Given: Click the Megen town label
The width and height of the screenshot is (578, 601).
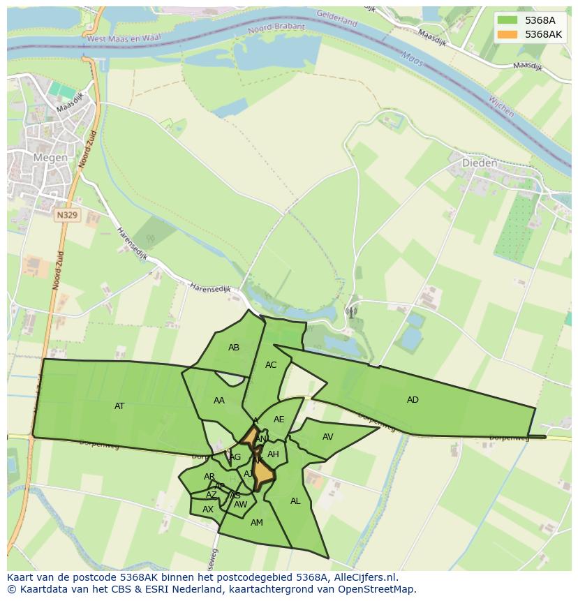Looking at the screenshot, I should coord(50,158).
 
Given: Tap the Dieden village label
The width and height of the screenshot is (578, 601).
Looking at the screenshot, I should coord(480,163).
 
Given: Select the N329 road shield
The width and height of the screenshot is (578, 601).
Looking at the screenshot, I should coord(67,215).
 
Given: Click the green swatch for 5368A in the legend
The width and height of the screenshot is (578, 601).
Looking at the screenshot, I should coord(508,20).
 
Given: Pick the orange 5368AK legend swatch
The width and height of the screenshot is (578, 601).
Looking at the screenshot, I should coord(508,34).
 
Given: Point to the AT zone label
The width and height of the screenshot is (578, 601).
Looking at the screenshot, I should coord(119,406).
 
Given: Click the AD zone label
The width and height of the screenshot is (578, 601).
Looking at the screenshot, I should coord(413,400).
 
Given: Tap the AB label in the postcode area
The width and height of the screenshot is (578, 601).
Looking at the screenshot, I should coord(234,348).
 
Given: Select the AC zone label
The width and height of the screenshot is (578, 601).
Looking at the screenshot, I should coord(271,365).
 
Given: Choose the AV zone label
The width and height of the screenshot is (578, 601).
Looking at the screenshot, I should coord(328,437).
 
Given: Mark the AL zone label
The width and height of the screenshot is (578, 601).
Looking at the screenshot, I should coord(295,501).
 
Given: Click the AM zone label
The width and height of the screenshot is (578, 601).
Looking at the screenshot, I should coord(257,523).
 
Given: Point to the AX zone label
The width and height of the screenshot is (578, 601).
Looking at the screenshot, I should coord(208,510).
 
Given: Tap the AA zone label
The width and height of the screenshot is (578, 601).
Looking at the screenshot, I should coord(219,401).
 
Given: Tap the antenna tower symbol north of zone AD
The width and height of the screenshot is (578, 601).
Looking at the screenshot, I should coord(350,312).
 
